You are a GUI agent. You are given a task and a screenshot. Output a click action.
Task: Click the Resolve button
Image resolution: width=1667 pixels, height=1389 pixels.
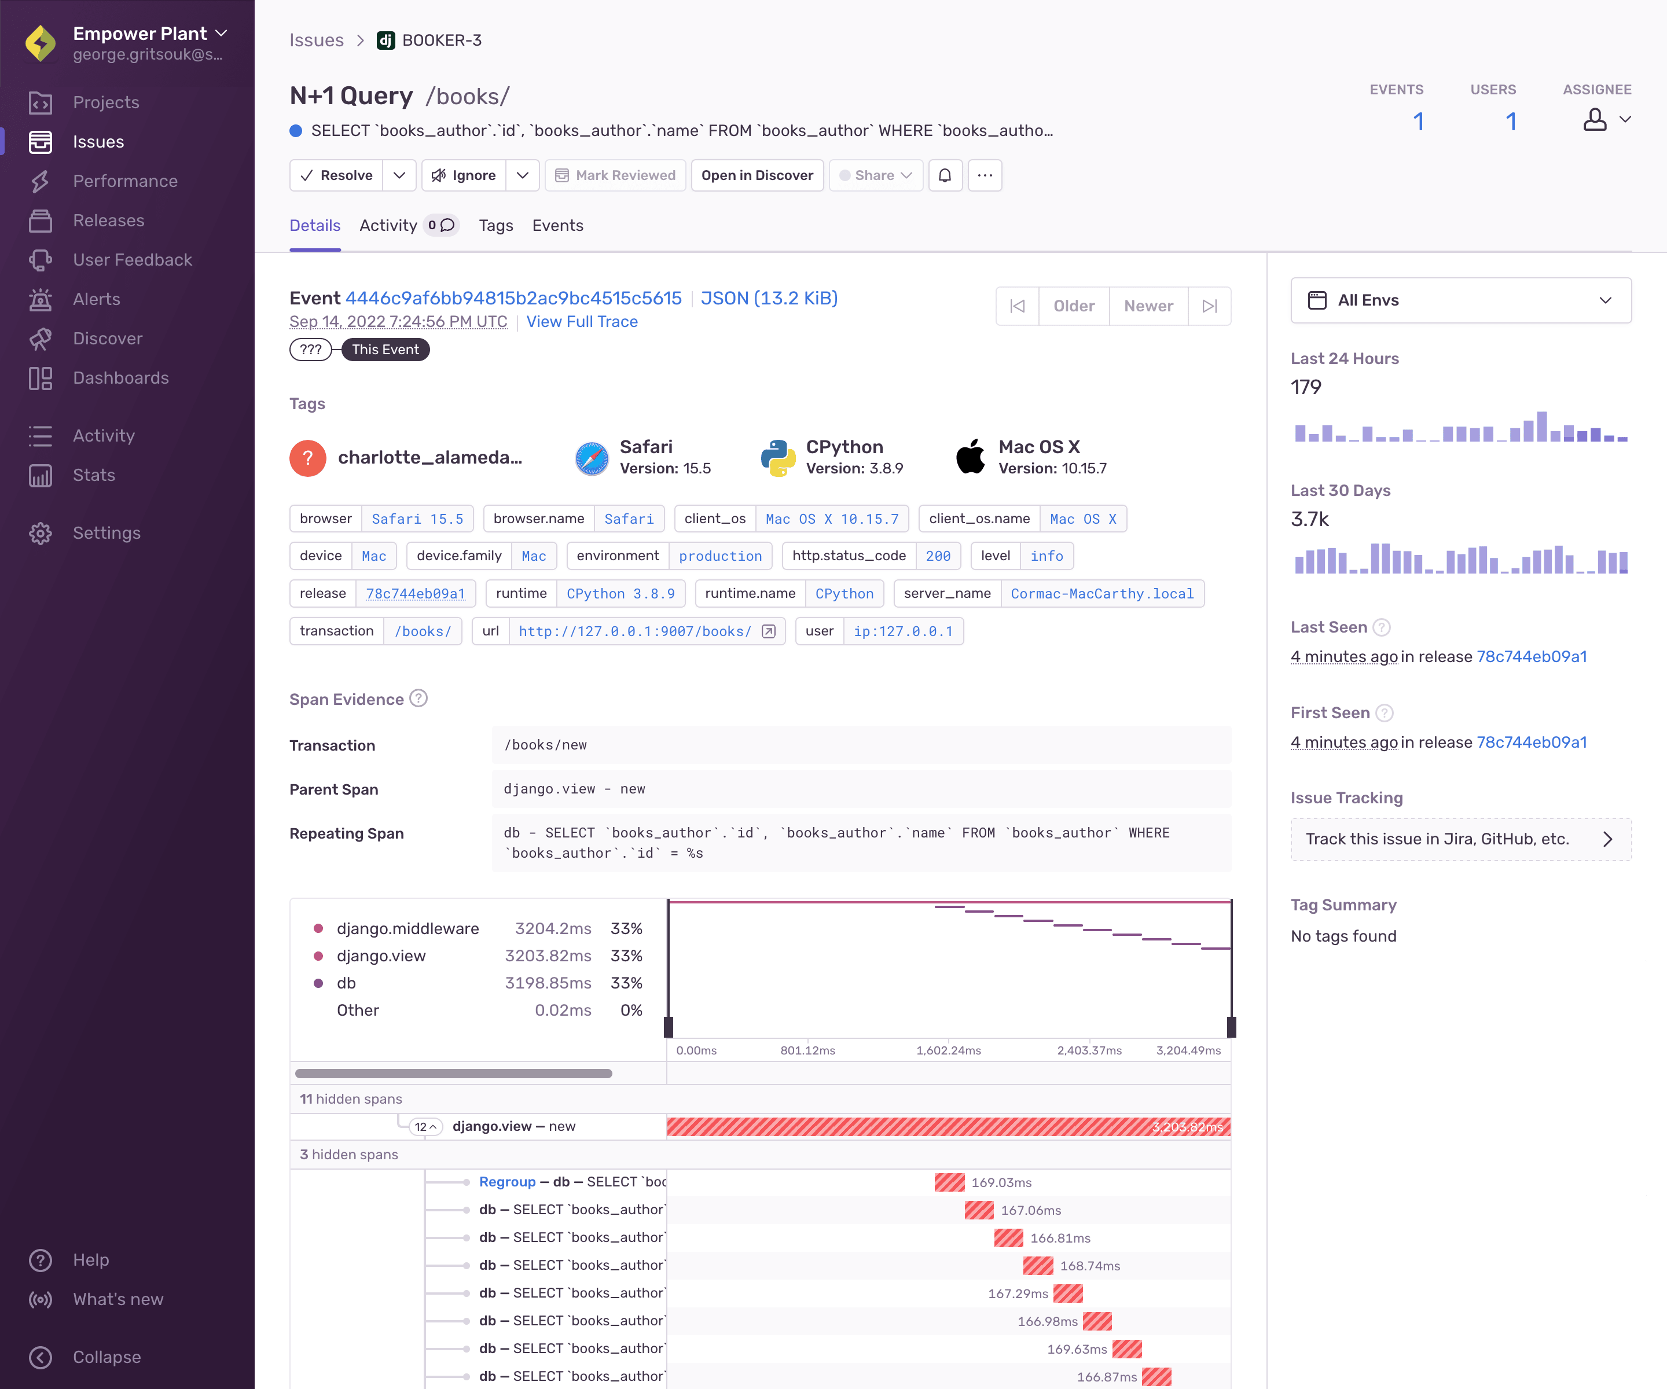[336, 175]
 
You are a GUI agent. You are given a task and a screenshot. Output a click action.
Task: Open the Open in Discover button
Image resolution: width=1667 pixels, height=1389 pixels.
[757, 175]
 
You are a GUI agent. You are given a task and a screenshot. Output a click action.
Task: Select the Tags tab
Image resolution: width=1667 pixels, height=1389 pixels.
[495, 225]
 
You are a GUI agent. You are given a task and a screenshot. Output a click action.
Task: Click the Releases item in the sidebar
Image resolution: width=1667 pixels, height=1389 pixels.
[109, 221]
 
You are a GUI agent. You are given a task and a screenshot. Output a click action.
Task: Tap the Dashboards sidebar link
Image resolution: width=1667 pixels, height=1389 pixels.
[120, 378]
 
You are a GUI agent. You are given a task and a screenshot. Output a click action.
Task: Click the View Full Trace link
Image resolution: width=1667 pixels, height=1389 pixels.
[582, 321]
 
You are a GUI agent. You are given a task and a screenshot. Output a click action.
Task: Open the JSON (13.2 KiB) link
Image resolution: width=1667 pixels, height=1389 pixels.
[769, 299]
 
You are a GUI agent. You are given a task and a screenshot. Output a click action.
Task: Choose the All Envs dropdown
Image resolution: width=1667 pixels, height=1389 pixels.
[1460, 300]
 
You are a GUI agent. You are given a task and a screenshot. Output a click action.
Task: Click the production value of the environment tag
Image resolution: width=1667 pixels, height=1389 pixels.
[720, 556]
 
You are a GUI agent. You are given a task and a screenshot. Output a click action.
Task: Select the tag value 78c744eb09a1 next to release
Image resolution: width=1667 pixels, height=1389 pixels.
[415, 594]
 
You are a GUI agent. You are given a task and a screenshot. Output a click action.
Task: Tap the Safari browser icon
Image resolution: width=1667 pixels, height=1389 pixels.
[592, 458]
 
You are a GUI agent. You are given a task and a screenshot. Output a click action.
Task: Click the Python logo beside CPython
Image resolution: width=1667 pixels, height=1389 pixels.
[778, 458]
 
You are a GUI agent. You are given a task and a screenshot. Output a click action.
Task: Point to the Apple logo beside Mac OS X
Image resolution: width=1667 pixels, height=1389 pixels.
[971, 457]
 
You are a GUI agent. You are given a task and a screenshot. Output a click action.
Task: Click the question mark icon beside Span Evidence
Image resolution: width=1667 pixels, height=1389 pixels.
[418, 699]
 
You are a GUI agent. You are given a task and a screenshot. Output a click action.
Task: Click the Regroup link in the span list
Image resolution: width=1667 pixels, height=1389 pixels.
[507, 1182]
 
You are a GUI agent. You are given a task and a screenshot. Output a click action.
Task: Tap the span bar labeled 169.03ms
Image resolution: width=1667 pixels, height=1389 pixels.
[949, 1182]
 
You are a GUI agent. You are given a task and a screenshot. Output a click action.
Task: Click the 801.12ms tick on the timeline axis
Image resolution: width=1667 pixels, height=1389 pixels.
[807, 1050]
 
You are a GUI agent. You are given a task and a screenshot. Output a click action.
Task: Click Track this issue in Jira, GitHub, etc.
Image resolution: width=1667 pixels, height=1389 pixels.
[1460, 839]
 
